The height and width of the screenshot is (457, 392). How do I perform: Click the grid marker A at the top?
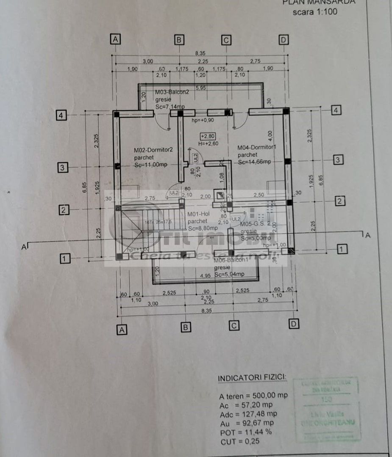(x=115, y=39)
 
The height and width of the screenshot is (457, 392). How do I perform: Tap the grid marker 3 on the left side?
(x=62, y=168)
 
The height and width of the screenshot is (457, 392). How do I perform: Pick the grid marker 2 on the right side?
(x=339, y=201)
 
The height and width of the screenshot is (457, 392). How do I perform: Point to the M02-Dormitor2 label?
(x=153, y=150)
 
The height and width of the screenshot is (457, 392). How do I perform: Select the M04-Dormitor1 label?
(x=257, y=148)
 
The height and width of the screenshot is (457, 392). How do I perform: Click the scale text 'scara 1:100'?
(x=315, y=12)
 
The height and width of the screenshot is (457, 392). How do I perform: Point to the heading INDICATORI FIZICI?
(x=252, y=378)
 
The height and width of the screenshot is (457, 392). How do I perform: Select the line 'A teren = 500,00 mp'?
(x=253, y=396)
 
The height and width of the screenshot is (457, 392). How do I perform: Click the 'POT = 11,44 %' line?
(x=245, y=432)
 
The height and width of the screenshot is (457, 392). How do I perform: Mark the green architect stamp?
(x=327, y=408)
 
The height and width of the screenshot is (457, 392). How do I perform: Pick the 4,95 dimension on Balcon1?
(x=206, y=276)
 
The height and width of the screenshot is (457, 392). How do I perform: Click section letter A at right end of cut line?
(x=367, y=235)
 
